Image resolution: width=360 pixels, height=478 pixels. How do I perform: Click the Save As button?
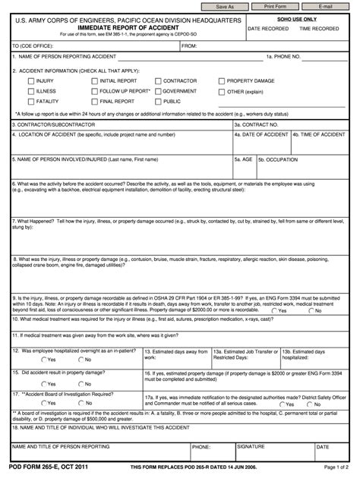[225, 6]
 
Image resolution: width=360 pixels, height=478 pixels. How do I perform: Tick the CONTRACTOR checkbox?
[156, 80]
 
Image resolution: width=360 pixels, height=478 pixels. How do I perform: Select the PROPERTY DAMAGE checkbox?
[222, 80]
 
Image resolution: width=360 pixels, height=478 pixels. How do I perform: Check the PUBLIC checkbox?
[156, 101]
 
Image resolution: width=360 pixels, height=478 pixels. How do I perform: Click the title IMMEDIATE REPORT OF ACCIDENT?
[124, 27]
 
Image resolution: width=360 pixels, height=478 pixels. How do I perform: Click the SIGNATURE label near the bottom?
[250, 447]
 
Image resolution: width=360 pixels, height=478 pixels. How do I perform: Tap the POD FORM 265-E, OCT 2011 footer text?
[44, 468]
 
